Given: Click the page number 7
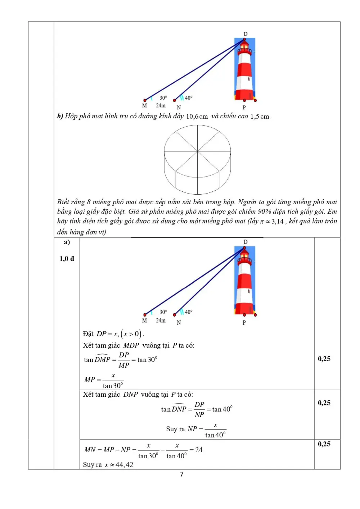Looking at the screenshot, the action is (x=181, y=474).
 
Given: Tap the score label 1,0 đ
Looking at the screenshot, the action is (x=67, y=259).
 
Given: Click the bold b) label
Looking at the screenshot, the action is (x=60, y=116).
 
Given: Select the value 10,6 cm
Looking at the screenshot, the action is (x=197, y=117).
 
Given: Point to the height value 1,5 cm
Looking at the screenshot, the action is (x=260, y=117).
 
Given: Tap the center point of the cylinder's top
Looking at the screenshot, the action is (x=197, y=151).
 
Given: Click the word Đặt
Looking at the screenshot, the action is (x=88, y=334).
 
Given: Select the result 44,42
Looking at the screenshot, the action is (x=124, y=464).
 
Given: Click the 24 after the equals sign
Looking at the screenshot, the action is (x=199, y=450).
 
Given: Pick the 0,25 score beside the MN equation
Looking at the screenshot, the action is (x=324, y=444).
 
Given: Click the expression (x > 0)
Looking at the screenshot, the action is (x=131, y=334).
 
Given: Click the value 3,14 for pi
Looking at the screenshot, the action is (x=278, y=221).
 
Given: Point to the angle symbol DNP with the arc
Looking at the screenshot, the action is (x=179, y=409).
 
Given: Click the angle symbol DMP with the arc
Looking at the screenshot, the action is (x=102, y=359).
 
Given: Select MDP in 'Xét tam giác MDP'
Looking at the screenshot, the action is (x=131, y=345).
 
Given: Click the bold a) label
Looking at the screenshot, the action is (x=67, y=242).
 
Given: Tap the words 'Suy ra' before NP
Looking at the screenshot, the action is (x=175, y=429).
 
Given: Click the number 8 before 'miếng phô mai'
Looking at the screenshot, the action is (x=89, y=202).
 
